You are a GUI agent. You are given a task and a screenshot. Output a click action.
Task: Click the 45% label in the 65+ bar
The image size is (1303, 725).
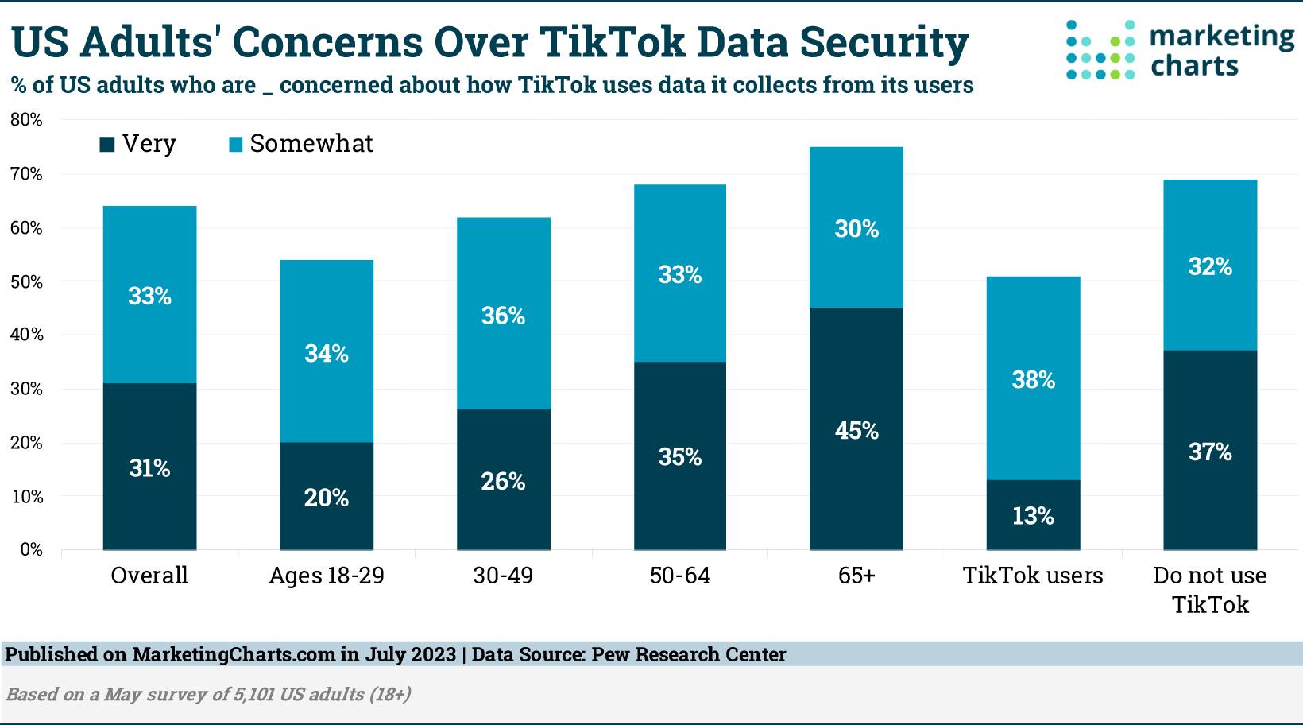[x=856, y=431]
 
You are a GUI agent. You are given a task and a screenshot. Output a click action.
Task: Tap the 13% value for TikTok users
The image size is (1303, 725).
[x=1033, y=516]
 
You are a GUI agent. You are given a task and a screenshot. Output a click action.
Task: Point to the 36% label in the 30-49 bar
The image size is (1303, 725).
[x=503, y=316]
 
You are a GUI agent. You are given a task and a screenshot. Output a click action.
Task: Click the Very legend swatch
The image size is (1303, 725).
[x=107, y=144]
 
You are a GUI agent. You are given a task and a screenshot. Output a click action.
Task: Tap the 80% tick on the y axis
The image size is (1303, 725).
[x=26, y=120]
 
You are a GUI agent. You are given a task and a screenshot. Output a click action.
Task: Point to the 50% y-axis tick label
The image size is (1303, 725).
[x=26, y=282]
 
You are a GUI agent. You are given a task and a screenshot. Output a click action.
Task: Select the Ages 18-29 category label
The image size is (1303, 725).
[x=327, y=576]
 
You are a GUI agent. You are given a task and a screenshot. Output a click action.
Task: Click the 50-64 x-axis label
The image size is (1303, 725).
[x=680, y=576]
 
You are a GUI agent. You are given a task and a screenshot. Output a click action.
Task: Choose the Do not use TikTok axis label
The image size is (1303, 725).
[x=1210, y=590]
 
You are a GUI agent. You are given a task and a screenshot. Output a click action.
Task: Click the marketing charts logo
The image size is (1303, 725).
[x=1179, y=51]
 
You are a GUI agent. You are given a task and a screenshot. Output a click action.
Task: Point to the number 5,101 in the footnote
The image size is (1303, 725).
[x=253, y=694]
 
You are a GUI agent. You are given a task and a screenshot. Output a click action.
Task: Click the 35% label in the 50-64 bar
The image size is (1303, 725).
[x=680, y=457]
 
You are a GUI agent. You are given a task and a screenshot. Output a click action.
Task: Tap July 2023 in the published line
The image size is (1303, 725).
[x=411, y=654]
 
